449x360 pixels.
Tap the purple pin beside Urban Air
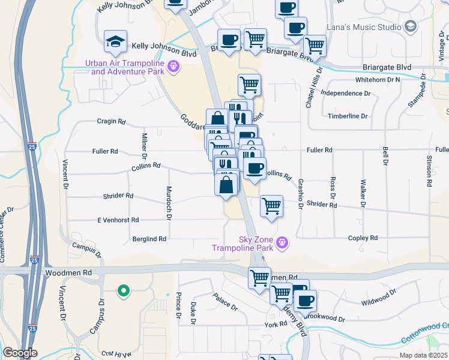tap(174, 67)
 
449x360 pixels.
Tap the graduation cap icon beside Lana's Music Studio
tap(411, 26)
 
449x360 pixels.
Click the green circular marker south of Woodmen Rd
tap(124, 292)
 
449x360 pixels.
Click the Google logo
tap(20, 353)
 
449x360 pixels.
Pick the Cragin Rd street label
tap(111, 121)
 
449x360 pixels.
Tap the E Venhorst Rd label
tap(118, 220)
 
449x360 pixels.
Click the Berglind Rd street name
tap(149, 239)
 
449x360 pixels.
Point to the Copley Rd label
tap(363, 238)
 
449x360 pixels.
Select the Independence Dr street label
tap(345, 94)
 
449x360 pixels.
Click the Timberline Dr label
tap(348, 116)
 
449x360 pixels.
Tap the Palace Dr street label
tap(225, 301)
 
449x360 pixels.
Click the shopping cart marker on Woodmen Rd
tap(259, 277)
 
